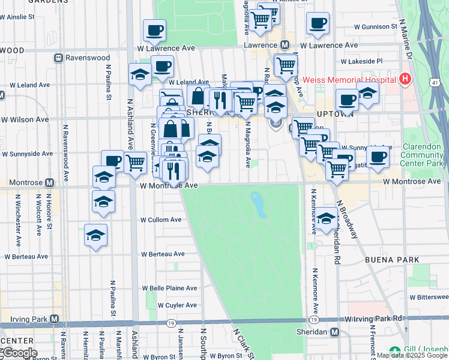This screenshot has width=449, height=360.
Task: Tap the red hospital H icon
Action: click(x=405, y=79)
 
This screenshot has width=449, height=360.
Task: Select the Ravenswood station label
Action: click(x=81, y=58)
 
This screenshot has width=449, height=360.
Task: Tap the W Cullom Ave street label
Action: click(x=160, y=220)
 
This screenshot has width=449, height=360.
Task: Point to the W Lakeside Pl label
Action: click(x=362, y=61)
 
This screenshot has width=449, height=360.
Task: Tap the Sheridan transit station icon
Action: click(x=334, y=332)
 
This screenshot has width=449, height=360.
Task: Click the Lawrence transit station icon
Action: click(x=285, y=46)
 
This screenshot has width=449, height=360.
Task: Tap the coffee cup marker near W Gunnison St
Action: click(x=318, y=23)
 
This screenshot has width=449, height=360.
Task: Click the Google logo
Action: click(x=19, y=352)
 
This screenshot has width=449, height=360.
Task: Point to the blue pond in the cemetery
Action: click(x=259, y=205)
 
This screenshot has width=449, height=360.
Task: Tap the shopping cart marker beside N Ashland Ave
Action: click(x=136, y=162)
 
